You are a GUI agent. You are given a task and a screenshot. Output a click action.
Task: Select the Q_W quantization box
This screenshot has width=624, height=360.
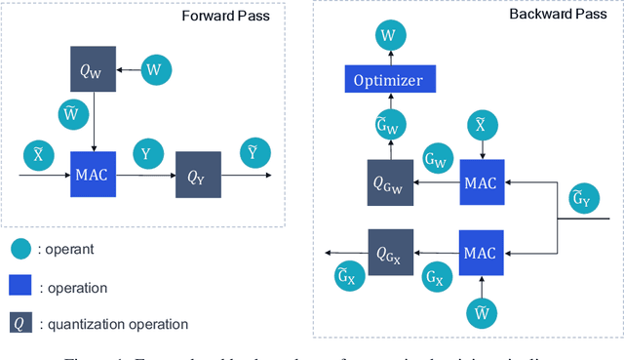point(94,68)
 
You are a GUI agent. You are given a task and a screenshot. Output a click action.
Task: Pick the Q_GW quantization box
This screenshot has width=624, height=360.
point(389,181)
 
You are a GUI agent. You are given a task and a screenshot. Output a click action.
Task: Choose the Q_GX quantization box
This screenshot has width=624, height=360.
point(390,253)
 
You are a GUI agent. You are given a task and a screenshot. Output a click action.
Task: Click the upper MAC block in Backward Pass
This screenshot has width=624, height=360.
point(479,182)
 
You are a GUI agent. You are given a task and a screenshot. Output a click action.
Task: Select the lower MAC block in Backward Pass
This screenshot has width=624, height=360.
point(479,253)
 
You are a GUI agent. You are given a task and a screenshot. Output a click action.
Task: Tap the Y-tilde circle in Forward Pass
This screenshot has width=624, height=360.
point(253,151)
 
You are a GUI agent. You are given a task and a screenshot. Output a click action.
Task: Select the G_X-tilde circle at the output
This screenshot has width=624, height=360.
point(343,276)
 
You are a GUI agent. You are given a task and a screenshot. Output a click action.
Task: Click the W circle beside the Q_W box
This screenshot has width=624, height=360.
point(152,68)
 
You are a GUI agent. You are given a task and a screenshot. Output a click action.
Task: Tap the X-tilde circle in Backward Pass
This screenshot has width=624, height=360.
point(479,123)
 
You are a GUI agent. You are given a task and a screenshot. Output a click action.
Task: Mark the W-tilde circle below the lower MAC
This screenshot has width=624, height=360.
point(479,311)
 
